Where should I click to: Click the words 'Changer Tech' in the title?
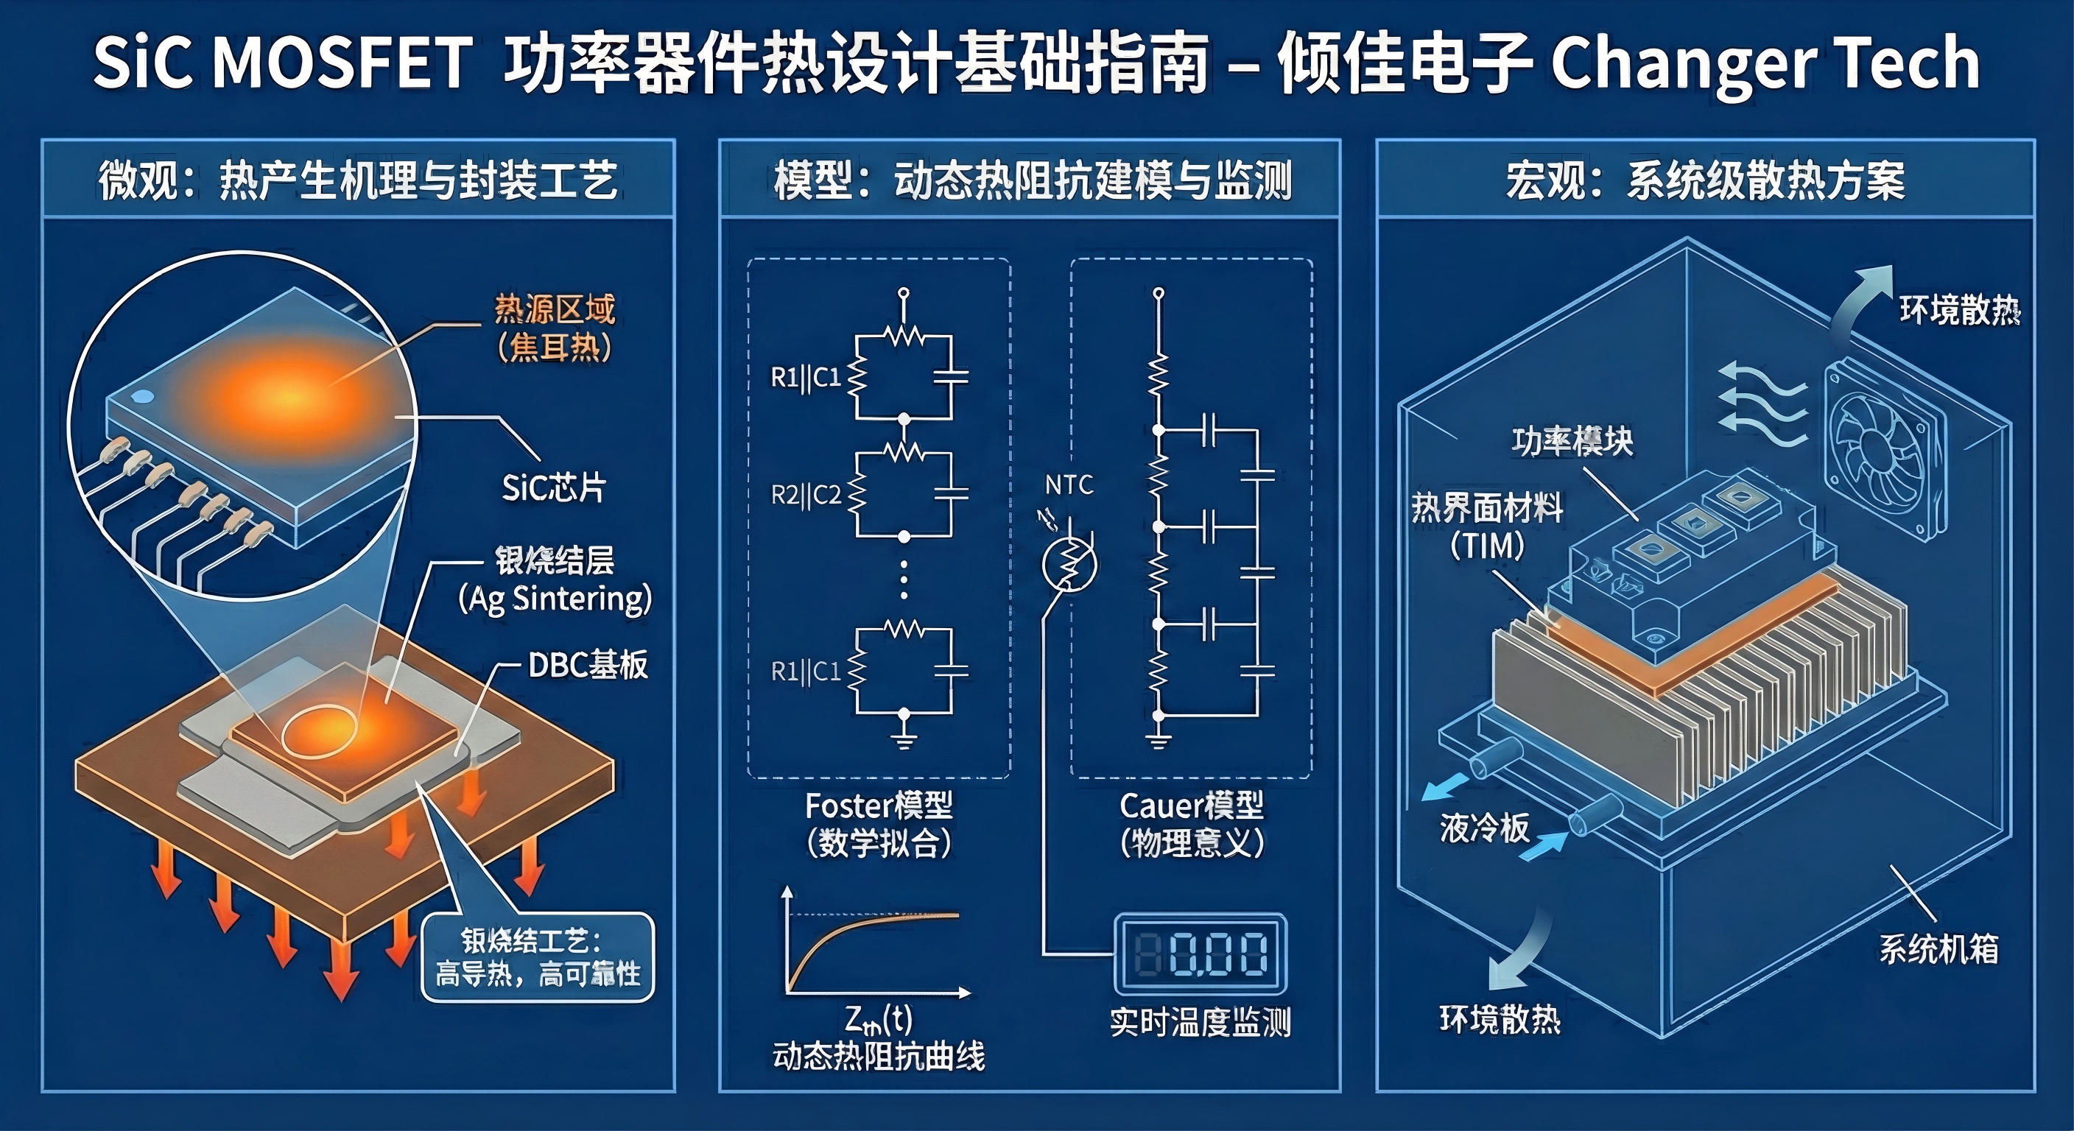click(1763, 63)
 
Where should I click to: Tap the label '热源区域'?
click(554, 309)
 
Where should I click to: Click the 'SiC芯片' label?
click(554, 487)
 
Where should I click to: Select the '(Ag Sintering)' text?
click(555, 599)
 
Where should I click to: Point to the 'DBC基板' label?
click(587, 665)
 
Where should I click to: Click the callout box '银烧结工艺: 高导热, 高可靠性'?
click(538, 957)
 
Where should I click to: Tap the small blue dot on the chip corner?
click(141, 396)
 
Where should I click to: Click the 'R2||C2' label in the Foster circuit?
click(806, 494)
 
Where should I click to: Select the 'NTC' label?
click(1069, 485)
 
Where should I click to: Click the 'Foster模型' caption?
click(879, 805)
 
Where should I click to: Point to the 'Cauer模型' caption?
click(1192, 805)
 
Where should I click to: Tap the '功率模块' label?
click(1572, 441)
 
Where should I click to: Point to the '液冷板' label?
click(1484, 828)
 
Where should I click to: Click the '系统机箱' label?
click(1938, 949)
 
